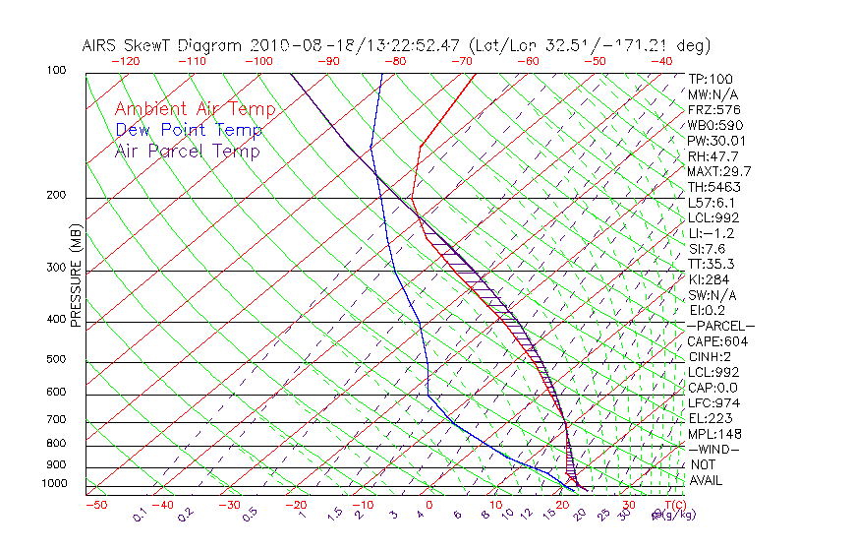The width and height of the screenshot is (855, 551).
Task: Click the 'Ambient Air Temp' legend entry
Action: (195, 109)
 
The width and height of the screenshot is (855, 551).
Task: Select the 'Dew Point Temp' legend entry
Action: (189, 130)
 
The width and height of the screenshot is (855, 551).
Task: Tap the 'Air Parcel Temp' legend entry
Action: (188, 151)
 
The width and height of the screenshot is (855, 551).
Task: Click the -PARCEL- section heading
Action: (720, 326)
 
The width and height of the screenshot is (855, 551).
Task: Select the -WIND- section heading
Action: (713, 449)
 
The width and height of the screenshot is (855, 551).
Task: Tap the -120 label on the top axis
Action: (125, 61)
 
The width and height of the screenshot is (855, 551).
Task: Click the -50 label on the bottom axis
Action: (95, 505)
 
